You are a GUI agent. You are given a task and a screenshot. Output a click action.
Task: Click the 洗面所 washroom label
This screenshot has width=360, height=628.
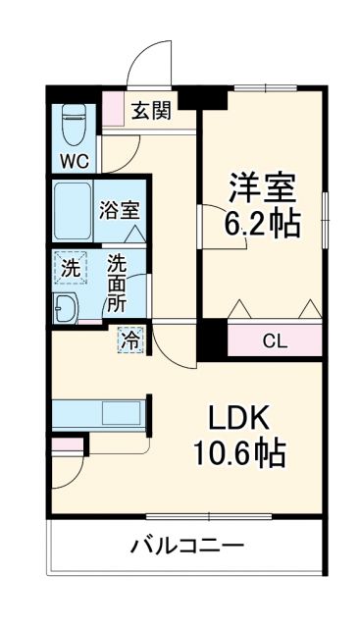(117, 283)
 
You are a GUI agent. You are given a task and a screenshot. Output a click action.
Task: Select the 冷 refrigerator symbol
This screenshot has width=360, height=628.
(130, 340)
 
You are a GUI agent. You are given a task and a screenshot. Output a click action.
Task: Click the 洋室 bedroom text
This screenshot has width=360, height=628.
(263, 185)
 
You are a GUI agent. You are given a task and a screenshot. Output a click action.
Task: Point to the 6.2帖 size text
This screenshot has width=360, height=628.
(263, 225)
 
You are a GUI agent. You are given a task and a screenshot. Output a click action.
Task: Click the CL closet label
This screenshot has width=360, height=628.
(275, 341)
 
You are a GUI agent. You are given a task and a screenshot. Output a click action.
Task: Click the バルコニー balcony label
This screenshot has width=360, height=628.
(186, 546)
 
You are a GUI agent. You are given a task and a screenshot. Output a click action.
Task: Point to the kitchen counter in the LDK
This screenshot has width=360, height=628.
(97, 412)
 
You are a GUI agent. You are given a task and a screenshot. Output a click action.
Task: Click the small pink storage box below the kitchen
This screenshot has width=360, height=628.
(67, 444)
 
